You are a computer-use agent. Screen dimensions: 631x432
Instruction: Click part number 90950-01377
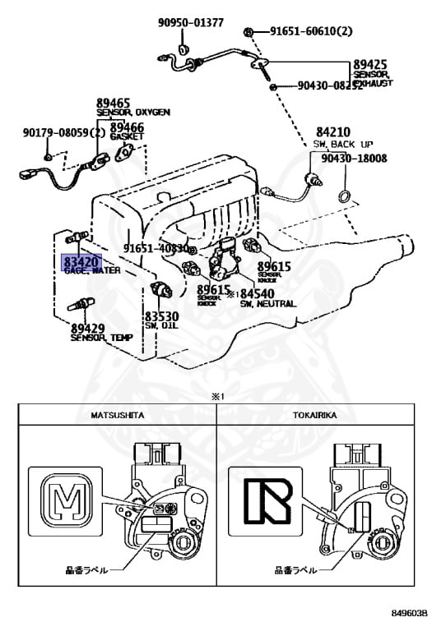pyautogui.click(x=191, y=22)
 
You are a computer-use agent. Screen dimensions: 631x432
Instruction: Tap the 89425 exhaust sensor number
pyautogui.click(x=374, y=63)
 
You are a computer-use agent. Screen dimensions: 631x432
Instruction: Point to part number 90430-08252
pyautogui.click(x=330, y=85)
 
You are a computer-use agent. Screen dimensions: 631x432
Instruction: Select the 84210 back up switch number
pyautogui.click(x=331, y=131)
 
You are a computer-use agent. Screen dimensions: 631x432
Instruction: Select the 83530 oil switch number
pyautogui.click(x=162, y=316)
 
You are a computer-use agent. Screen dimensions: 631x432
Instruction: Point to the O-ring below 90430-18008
pyautogui.click(x=345, y=195)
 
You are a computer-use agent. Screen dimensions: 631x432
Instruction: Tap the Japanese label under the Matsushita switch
pyautogui.click(x=85, y=567)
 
